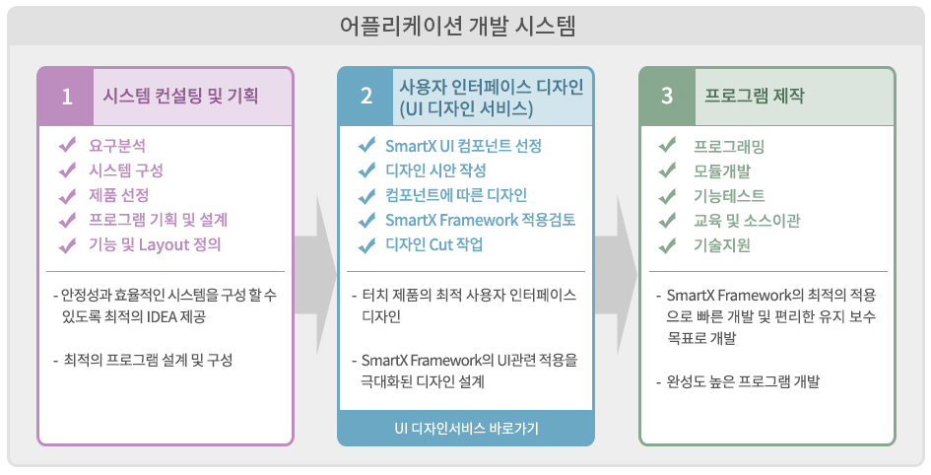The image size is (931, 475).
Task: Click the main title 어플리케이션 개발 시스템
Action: click(x=458, y=27)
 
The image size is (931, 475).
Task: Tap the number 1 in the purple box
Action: click(x=67, y=97)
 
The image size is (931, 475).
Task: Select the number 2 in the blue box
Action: click(x=366, y=97)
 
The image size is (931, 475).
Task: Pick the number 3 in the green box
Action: click(x=667, y=97)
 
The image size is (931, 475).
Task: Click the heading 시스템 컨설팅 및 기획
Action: click(x=180, y=95)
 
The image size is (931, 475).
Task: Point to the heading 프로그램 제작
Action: click(x=754, y=95)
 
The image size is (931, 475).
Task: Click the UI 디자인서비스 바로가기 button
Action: click(x=466, y=428)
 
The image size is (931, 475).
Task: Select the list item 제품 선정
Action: click(x=119, y=195)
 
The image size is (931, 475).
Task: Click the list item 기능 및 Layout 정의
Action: click(x=155, y=244)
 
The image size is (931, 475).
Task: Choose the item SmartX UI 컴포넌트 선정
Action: click(x=463, y=146)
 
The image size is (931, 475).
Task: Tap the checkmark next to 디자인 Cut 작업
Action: click(x=366, y=244)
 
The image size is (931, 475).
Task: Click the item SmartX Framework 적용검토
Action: click(x=481, y=221)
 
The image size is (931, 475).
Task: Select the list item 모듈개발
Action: click(x=722, y=171)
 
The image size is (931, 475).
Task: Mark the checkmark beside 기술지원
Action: click(x=667, y=244)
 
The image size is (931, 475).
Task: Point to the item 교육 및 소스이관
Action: click(x=747, y=221)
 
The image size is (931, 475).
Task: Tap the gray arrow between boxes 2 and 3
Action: click(x=617, y=274)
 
